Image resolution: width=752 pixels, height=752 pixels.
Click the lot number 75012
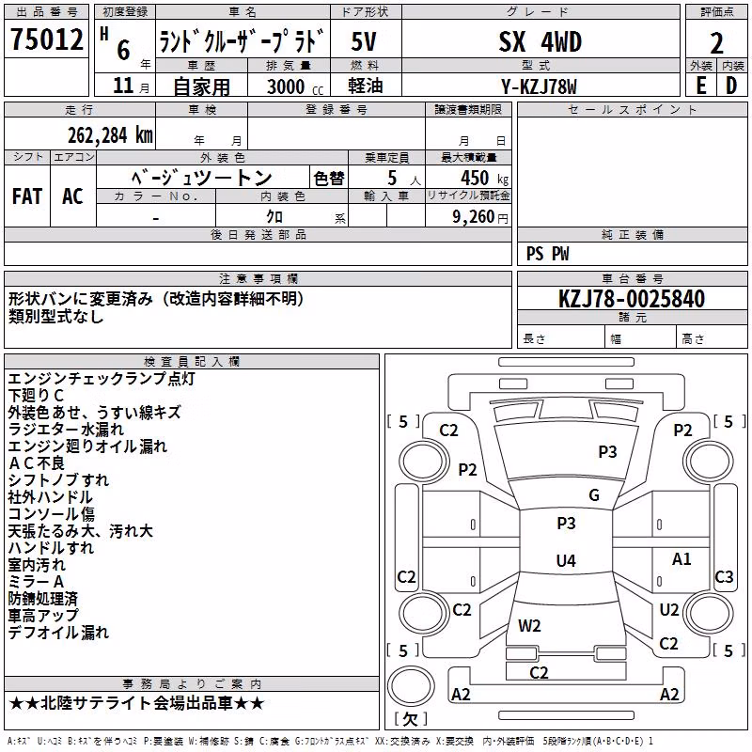(x=46, y=39)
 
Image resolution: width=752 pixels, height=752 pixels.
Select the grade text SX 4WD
(x=540, y=41)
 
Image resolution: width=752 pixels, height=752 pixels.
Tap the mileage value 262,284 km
(x=110, y=135)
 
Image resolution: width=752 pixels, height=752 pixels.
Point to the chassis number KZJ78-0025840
(x=632, y=299)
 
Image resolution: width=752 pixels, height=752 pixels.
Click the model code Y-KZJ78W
(x=539, y=86)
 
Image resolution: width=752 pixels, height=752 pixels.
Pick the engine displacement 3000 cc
(x=295, y=86)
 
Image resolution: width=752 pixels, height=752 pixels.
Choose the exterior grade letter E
(x=701, y=86)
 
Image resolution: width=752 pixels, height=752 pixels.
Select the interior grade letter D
(x=731, y=86)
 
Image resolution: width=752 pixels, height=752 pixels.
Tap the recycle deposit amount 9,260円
(x=480, y=217)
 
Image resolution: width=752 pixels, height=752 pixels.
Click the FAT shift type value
(x=27, y=196)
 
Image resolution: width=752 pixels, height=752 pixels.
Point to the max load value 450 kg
(x=484, y=178)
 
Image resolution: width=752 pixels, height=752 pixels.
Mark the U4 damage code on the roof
(x=566, y=560)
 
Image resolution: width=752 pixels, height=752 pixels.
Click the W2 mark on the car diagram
(x=529, y=626)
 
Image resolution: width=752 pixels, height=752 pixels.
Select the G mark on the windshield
(x=594, y=495)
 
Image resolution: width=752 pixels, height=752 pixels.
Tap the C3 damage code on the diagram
(x=724, y=576)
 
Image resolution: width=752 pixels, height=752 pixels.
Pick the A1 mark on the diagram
(x=681, y=558)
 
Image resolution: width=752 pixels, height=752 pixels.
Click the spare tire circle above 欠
(x=411, y=685)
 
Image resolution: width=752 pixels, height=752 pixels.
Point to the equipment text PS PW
(x=547, y=254)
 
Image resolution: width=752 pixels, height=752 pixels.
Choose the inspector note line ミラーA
(x=36, y=582)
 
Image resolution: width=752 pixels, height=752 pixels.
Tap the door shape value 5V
(x=364, y=41)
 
